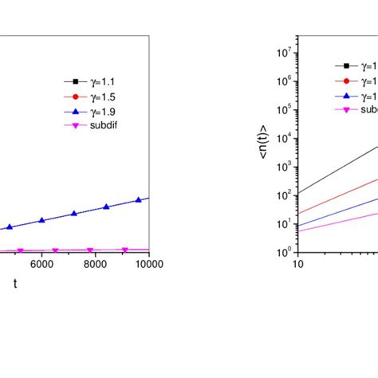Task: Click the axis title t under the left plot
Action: pyautogui.click(x=14, y=284)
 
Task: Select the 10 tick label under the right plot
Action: pyautogui.click(x=297, y=264)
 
